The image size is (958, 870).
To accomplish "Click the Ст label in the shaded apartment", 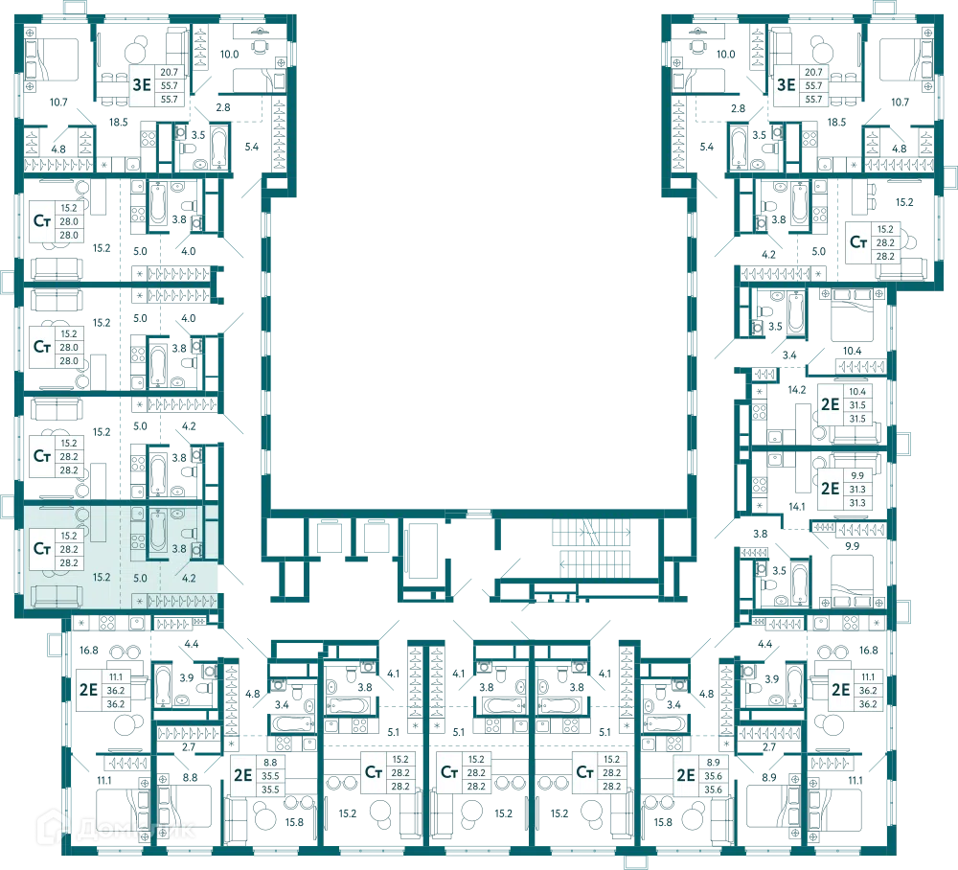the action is pos(42,549).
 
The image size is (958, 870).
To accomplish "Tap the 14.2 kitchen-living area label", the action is pos(797,390).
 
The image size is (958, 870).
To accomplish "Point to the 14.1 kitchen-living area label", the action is pos(797,507).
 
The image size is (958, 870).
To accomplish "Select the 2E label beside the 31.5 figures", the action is pos(830,404).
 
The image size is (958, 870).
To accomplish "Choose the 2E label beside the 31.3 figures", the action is pos(830,489).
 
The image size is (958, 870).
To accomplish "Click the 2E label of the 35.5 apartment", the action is pos(243,775).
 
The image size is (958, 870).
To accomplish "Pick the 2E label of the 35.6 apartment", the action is pos(686,775).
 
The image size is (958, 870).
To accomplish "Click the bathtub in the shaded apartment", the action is pos(158,530).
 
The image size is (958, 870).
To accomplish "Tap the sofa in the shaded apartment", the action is pos(57,596).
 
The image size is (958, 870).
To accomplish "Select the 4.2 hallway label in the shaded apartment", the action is pos(189,578).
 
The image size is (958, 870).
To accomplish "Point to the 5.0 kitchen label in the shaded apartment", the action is pos(140,578).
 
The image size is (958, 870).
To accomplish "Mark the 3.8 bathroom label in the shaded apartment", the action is pos(179,549).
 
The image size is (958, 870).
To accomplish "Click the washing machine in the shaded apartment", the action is pos(196,550).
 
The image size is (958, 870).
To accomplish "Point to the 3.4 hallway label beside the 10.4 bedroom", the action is pos(789,355).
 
